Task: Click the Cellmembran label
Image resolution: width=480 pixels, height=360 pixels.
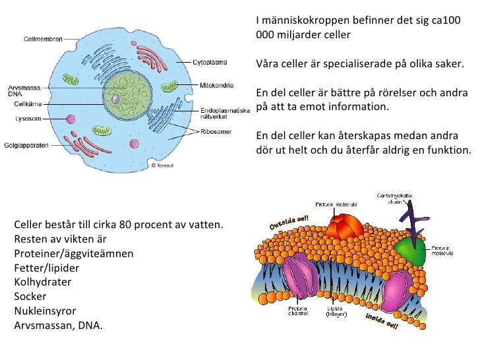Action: tap(43, 39)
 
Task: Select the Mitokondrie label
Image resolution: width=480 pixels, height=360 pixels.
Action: tap(214, 85)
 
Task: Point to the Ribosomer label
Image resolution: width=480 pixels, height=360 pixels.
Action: tap(215, 131)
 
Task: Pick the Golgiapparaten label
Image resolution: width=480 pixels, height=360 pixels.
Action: tap(26, 145)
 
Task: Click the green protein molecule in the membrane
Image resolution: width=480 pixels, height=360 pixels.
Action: tap(411, 251)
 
